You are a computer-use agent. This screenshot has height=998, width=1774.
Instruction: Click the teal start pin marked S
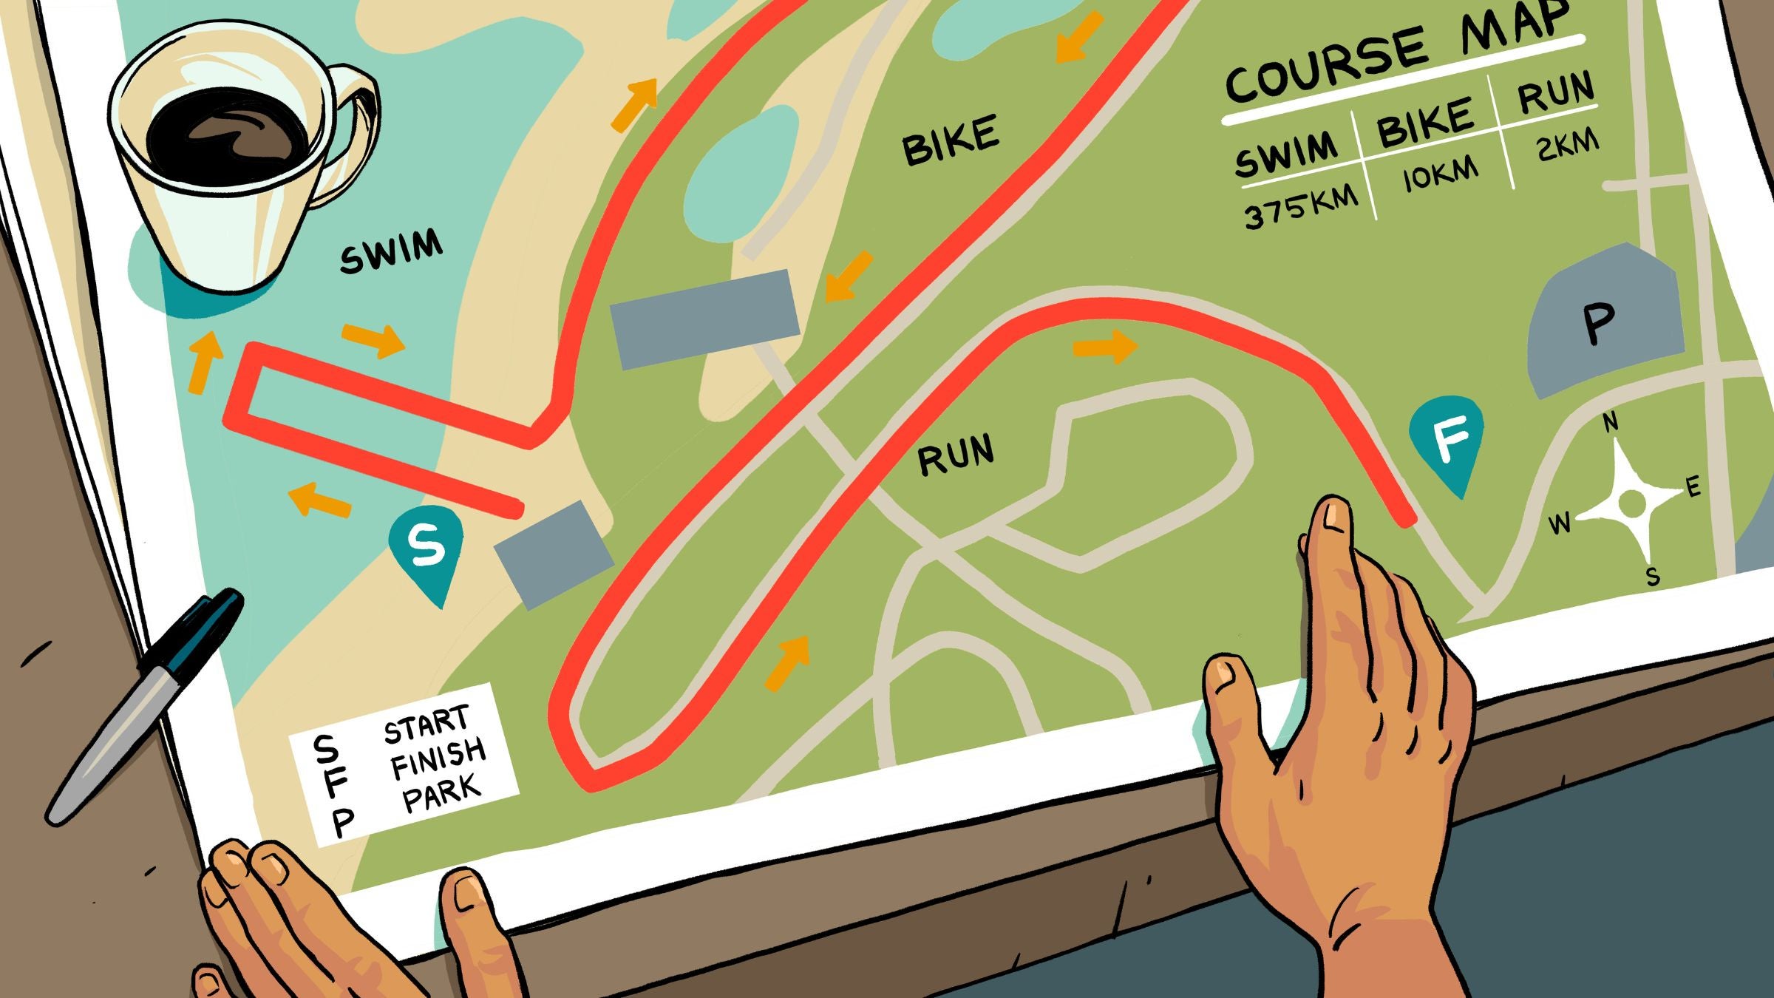tap(426, 546)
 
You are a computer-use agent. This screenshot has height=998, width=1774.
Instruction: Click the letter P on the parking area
tap(1598, 323)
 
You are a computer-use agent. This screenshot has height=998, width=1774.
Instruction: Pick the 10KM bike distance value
tap(1441, 174)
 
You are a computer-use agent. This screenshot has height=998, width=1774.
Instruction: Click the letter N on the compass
tap(1611, 422)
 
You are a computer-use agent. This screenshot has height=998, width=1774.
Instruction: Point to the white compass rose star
tap(1630, 503)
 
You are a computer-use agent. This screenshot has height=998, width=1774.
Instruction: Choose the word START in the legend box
tap(426, 724)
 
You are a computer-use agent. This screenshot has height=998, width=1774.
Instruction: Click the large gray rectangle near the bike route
tap(705, 318)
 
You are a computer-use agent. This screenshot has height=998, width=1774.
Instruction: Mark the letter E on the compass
tap(1693, 486)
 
